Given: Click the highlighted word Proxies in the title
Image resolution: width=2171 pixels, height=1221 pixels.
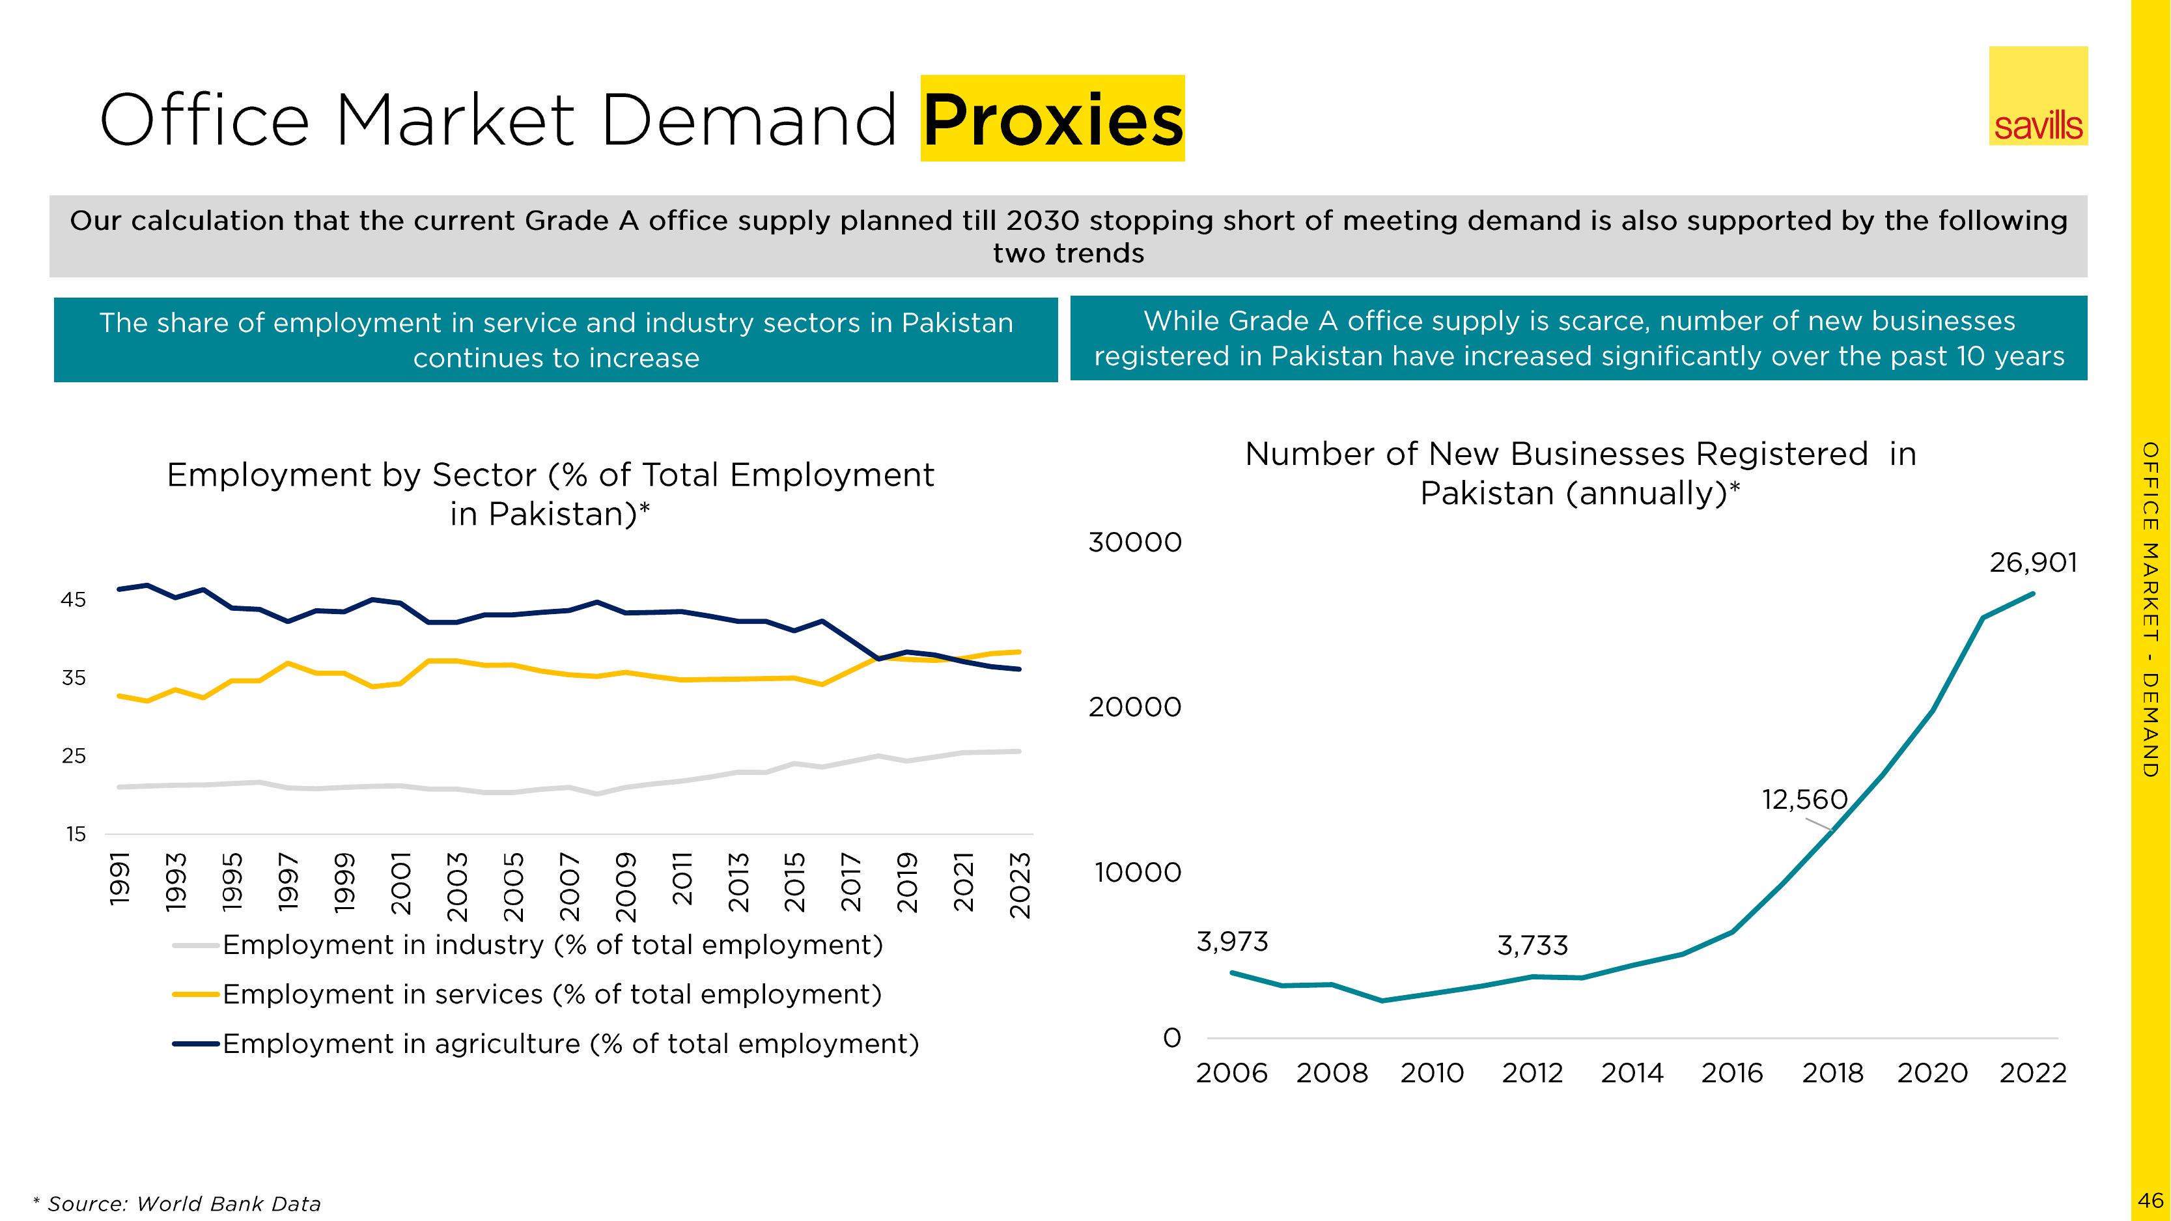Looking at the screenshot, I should (x=1053, y=119).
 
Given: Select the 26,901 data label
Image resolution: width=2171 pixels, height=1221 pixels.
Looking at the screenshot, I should (x=2033, y=563).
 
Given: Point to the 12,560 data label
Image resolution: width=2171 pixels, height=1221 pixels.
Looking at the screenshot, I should (x=1804, y=800).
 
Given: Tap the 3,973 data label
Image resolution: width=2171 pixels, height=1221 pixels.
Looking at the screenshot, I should (x=1231, y=941).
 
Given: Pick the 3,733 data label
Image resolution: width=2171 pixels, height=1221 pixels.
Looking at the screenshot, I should (x=1532, y=946).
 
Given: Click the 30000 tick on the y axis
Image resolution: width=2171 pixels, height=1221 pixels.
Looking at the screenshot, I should (x=1134, y=542).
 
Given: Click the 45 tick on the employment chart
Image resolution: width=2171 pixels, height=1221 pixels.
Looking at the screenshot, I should (x=74, y=600).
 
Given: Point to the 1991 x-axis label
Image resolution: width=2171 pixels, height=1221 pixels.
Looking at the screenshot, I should (x=120, y=879).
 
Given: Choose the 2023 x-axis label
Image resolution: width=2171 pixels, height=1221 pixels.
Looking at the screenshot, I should (x=1020, y=885).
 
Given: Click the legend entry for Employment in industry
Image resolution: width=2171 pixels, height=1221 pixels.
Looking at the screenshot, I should (x=552, y=946).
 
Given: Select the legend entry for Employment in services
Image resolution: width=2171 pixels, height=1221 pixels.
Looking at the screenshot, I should (x=551, y=995).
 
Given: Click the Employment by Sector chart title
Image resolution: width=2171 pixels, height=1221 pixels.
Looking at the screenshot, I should (x=550, y=494).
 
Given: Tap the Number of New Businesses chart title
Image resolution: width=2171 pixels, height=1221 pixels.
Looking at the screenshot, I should (x=1580, y=473).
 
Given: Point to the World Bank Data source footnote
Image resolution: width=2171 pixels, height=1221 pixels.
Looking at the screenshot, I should (x=178, y=1204).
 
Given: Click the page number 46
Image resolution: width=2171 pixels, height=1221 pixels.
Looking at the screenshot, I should (x=2150, y=1200).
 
